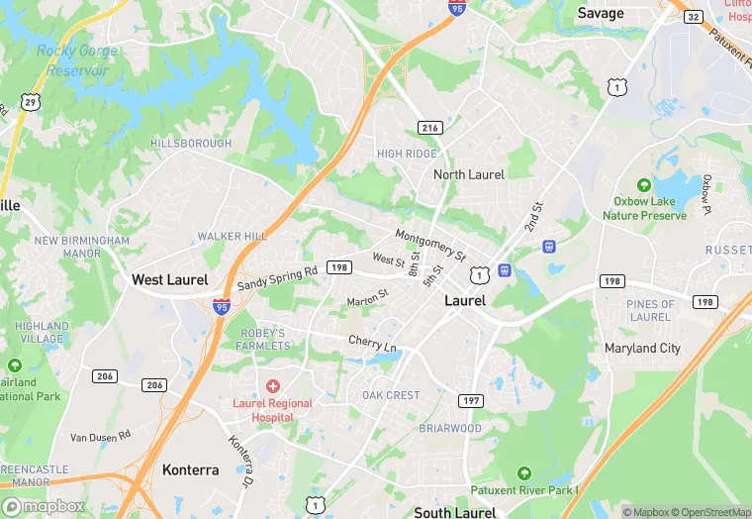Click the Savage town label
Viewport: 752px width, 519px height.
(x=601, y=13)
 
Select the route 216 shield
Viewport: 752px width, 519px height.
(x=429, y=128)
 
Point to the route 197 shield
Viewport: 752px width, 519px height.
(x=471, y=400)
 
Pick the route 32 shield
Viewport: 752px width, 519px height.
(x=694, y=16)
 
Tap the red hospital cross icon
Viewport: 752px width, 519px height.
(x=272, y=385)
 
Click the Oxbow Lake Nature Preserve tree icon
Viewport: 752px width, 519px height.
(x=644, y=185)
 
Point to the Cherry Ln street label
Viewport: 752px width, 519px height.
(x=372, y=344)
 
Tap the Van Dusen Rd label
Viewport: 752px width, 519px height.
(x=100, y=436)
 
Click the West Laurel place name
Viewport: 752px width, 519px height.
(x=169, y=280)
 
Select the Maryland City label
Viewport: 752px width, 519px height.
(x=643, y=349)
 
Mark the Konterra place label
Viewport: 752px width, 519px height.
(x=190, y=469)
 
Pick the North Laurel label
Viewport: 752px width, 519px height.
(x=469, y=174)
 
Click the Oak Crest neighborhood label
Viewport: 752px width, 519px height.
(x=391, y=395)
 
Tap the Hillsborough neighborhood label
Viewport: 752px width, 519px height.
(x=191, y=144)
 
